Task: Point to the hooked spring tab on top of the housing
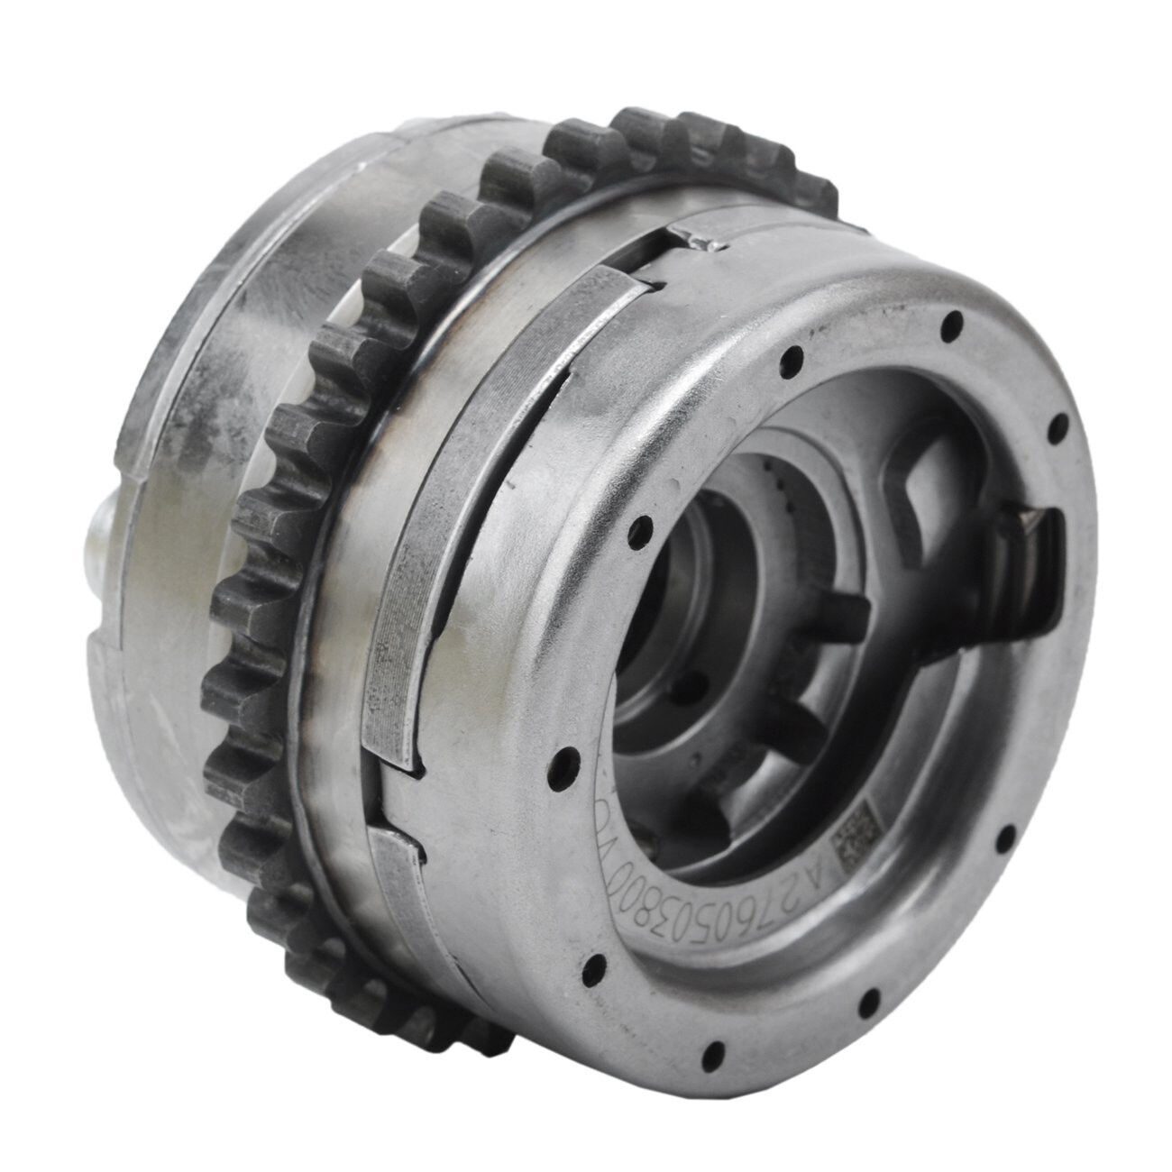pos(701,239)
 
